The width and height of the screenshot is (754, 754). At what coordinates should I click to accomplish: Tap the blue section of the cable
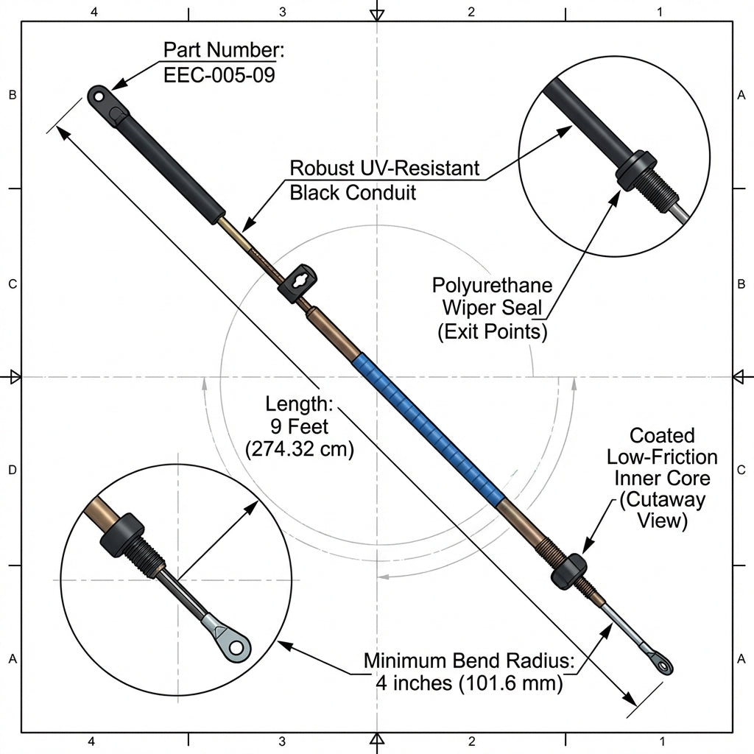(428, 427)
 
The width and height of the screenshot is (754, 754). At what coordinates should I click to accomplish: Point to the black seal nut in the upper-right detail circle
(636, 170)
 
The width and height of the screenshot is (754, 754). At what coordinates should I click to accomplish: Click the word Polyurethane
(492, 285)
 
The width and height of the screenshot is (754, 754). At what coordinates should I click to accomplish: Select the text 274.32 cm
(299, 448)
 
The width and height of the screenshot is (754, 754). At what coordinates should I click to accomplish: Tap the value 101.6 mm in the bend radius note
(510, 683)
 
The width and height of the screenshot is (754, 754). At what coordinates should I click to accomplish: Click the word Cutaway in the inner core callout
(662, 500)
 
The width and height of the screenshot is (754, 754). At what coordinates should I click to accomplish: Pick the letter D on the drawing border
(12, 470)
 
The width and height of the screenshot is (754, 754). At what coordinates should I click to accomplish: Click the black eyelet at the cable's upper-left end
(99, 96)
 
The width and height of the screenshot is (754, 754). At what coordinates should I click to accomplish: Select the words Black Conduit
(353, 192)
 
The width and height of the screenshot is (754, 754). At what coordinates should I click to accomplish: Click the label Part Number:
(223, 50)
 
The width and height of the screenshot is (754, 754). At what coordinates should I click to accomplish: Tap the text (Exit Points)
(493, 331)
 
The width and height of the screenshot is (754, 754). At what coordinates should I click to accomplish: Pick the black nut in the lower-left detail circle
(122, 535)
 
